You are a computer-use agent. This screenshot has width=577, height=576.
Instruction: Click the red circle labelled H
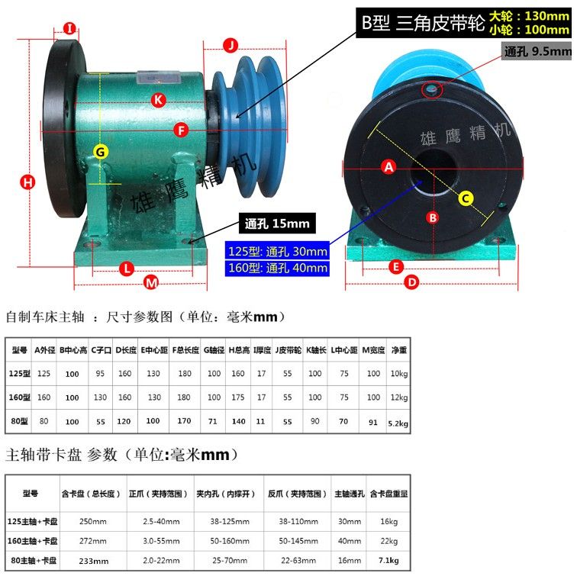pyautogui.click(x=27, y=182)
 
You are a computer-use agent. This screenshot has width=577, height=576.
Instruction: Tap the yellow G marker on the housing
pyautogui.click(x=101, y=152)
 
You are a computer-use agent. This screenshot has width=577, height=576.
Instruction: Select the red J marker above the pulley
pyautogui.click(x=230, y=45)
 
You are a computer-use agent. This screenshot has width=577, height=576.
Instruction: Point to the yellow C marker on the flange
pyautogui.click(x=466, y=198)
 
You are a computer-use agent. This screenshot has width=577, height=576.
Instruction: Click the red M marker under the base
pyautogui.click(x=151, y=283)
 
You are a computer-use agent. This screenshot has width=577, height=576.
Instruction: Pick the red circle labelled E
pyautogui.click(x=396, y=267)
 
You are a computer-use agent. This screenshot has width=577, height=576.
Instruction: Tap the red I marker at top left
pyautogui.click(x=69, y=28)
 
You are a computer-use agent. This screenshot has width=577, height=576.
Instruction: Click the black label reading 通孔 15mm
pyautogui.click(x=277, y=224)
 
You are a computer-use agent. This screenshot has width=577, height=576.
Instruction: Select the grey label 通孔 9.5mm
pyautogui.click(x=537, y=51)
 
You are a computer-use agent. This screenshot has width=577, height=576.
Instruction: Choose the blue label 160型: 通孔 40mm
pyautogui.click(x=277, y=268)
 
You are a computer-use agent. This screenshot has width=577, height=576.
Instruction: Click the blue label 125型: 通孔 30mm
pyautogui.click(x=277, y=251)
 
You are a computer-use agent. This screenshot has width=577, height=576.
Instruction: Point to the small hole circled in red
pyautogui.click(x=431, y=89)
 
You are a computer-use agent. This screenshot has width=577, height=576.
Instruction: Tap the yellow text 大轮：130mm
pyautogui.click(x=530, y=16)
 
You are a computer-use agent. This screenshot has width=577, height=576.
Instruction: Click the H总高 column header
pyautogui.click(x=239, y=350)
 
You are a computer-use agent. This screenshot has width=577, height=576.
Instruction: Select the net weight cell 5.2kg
pyautogui.click(x=398, y=423)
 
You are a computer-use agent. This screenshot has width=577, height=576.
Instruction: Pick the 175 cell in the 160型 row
pyautogui.click(x=238, y=397)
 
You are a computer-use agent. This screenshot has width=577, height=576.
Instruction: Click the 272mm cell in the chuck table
pyautogui.click(x=93, y=541)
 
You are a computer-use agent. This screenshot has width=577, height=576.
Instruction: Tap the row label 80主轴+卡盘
pyautogui.click(x=34, y=561)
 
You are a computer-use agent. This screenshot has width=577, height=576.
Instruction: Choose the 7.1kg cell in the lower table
pyautogui.click(x=389, y=561)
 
